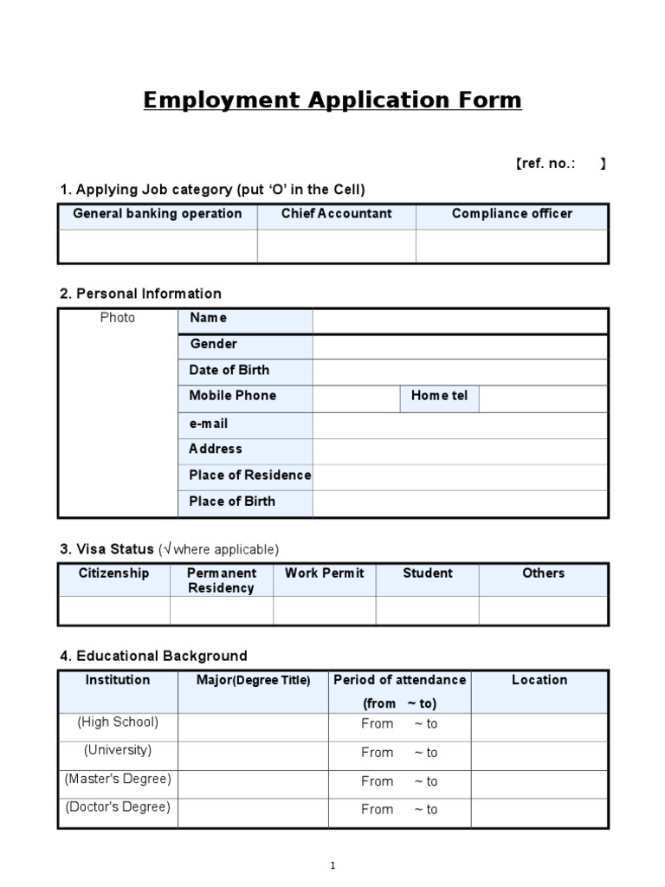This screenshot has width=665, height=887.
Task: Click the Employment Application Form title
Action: (332, 100)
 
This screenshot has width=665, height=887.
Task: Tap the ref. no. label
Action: (546, 164)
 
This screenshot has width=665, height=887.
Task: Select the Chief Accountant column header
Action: (336, 214)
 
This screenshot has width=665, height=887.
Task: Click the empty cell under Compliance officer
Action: (512, 246)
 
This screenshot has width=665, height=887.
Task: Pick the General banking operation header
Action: (158, 214)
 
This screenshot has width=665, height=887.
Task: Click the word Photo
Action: (118, 318)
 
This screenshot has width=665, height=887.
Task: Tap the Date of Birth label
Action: (229, 370)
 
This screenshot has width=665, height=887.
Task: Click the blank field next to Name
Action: (460, 320)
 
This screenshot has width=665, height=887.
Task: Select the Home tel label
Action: (439, 396)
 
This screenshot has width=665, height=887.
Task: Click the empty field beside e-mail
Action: (460, 424)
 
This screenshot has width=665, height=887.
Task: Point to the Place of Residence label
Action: (249, 475)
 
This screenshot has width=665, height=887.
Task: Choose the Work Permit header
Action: (325, 573)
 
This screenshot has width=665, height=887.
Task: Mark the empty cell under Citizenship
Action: (114, 610)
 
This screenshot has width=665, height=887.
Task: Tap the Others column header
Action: (543, 573)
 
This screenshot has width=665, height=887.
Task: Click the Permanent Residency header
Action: (222, 580)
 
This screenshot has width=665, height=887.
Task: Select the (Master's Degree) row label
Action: (118, 779)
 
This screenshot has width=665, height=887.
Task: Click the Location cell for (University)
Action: (539, 752)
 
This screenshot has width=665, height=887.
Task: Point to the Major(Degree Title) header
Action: (253, 681)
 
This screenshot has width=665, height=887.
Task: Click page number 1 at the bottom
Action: (333, 865)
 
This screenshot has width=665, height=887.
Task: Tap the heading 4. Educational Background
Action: (153, 656)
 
